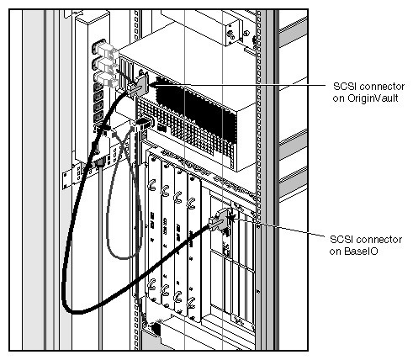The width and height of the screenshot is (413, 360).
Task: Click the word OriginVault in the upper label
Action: point(373,98)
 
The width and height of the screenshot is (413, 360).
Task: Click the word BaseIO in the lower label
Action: point(356,251)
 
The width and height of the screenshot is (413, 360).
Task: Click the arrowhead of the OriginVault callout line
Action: point(155,85)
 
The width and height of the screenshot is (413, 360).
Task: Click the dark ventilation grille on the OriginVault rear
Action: point(202,105)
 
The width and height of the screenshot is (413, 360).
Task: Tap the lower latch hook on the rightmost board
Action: point(193,297)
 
